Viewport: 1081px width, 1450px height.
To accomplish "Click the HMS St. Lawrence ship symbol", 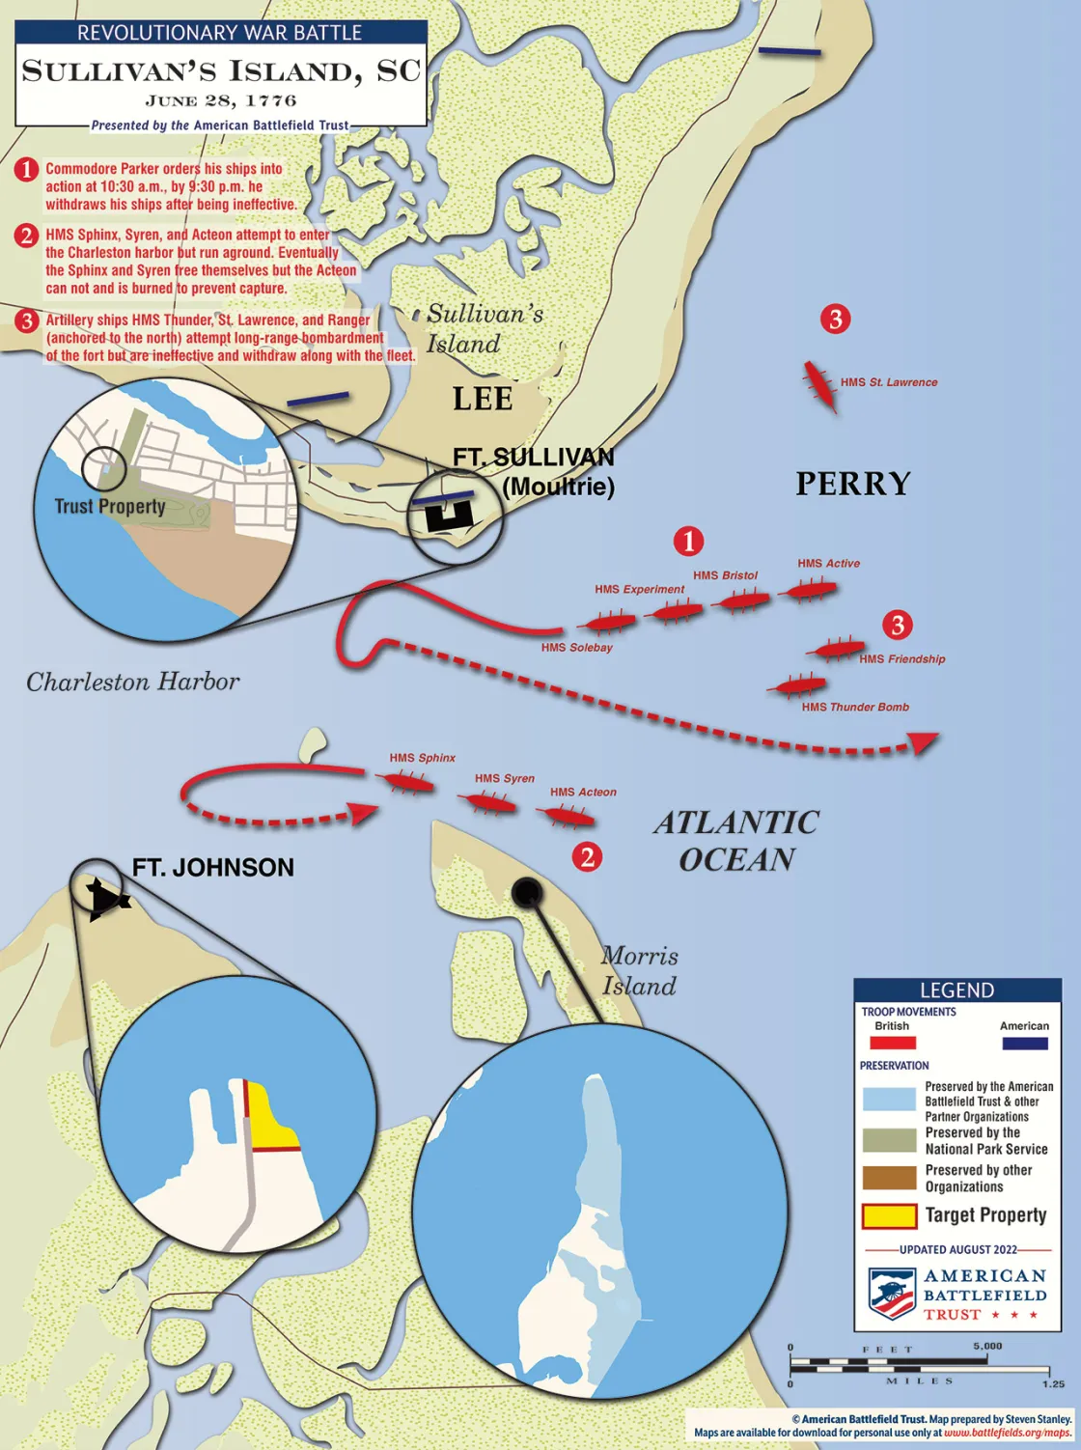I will click(x=820, y=384).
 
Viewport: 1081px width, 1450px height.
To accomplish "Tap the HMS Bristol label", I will click(x=725, y=575).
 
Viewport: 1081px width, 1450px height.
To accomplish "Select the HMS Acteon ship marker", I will click(x=568, y=817).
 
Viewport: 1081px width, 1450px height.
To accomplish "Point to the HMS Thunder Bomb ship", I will click(x=797, y=686).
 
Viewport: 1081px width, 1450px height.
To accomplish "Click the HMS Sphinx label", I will click(x=422, y=758).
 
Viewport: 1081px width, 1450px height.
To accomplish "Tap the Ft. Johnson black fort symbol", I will click(x=106, y=899).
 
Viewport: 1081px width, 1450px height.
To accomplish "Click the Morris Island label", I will click(x=639, y=971).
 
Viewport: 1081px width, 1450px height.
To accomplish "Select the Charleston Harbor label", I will click(x=133, y=683).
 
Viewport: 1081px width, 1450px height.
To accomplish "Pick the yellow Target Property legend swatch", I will click(x=889, y=1215).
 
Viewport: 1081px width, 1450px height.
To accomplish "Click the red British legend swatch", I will click(x=893, y=1043).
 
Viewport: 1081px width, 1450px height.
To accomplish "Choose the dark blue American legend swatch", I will click(x=1025, y=1043).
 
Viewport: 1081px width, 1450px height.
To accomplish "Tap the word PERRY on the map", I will click(x=853, y=484).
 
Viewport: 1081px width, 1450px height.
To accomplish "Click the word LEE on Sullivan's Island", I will click(x=483, y=399).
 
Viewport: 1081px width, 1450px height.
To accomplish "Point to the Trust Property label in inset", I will click(x=110, y=507).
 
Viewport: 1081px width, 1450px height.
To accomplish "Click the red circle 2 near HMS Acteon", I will click(x=587, y=856).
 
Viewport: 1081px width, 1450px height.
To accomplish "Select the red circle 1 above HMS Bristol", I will click(x=688, y=541).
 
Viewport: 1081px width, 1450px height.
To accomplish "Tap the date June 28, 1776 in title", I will click(x=221, y=100).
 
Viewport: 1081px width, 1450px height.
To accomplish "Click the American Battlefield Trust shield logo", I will click(x=891, y=1294).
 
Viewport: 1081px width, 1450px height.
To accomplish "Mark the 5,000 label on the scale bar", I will click(x=987, y=1346).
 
